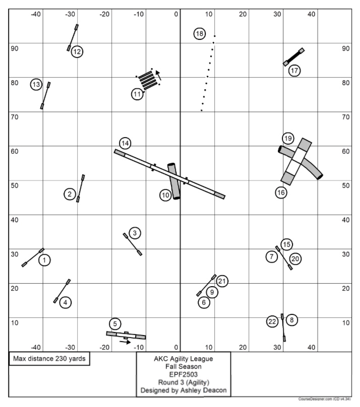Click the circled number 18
click(x=200, y=34)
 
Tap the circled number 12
click(x=77, y=51)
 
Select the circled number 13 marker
click(x=36, y=85)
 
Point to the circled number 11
click(x=138, y=94)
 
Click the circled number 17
click(x=294, y=70)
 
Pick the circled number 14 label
click(x=125, y=143)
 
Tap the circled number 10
click(x=166, y=195)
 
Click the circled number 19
click(x=287, y=138)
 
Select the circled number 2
click(x=70, y=193)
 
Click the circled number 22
click(x=272, y=321)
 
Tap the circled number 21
click(x=222, y=281)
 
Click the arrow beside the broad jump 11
click(x=158, y=75)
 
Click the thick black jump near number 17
click(x=294, y=56)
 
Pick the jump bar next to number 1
click(x=33, y=257)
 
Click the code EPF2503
click(x=184, y=374)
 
